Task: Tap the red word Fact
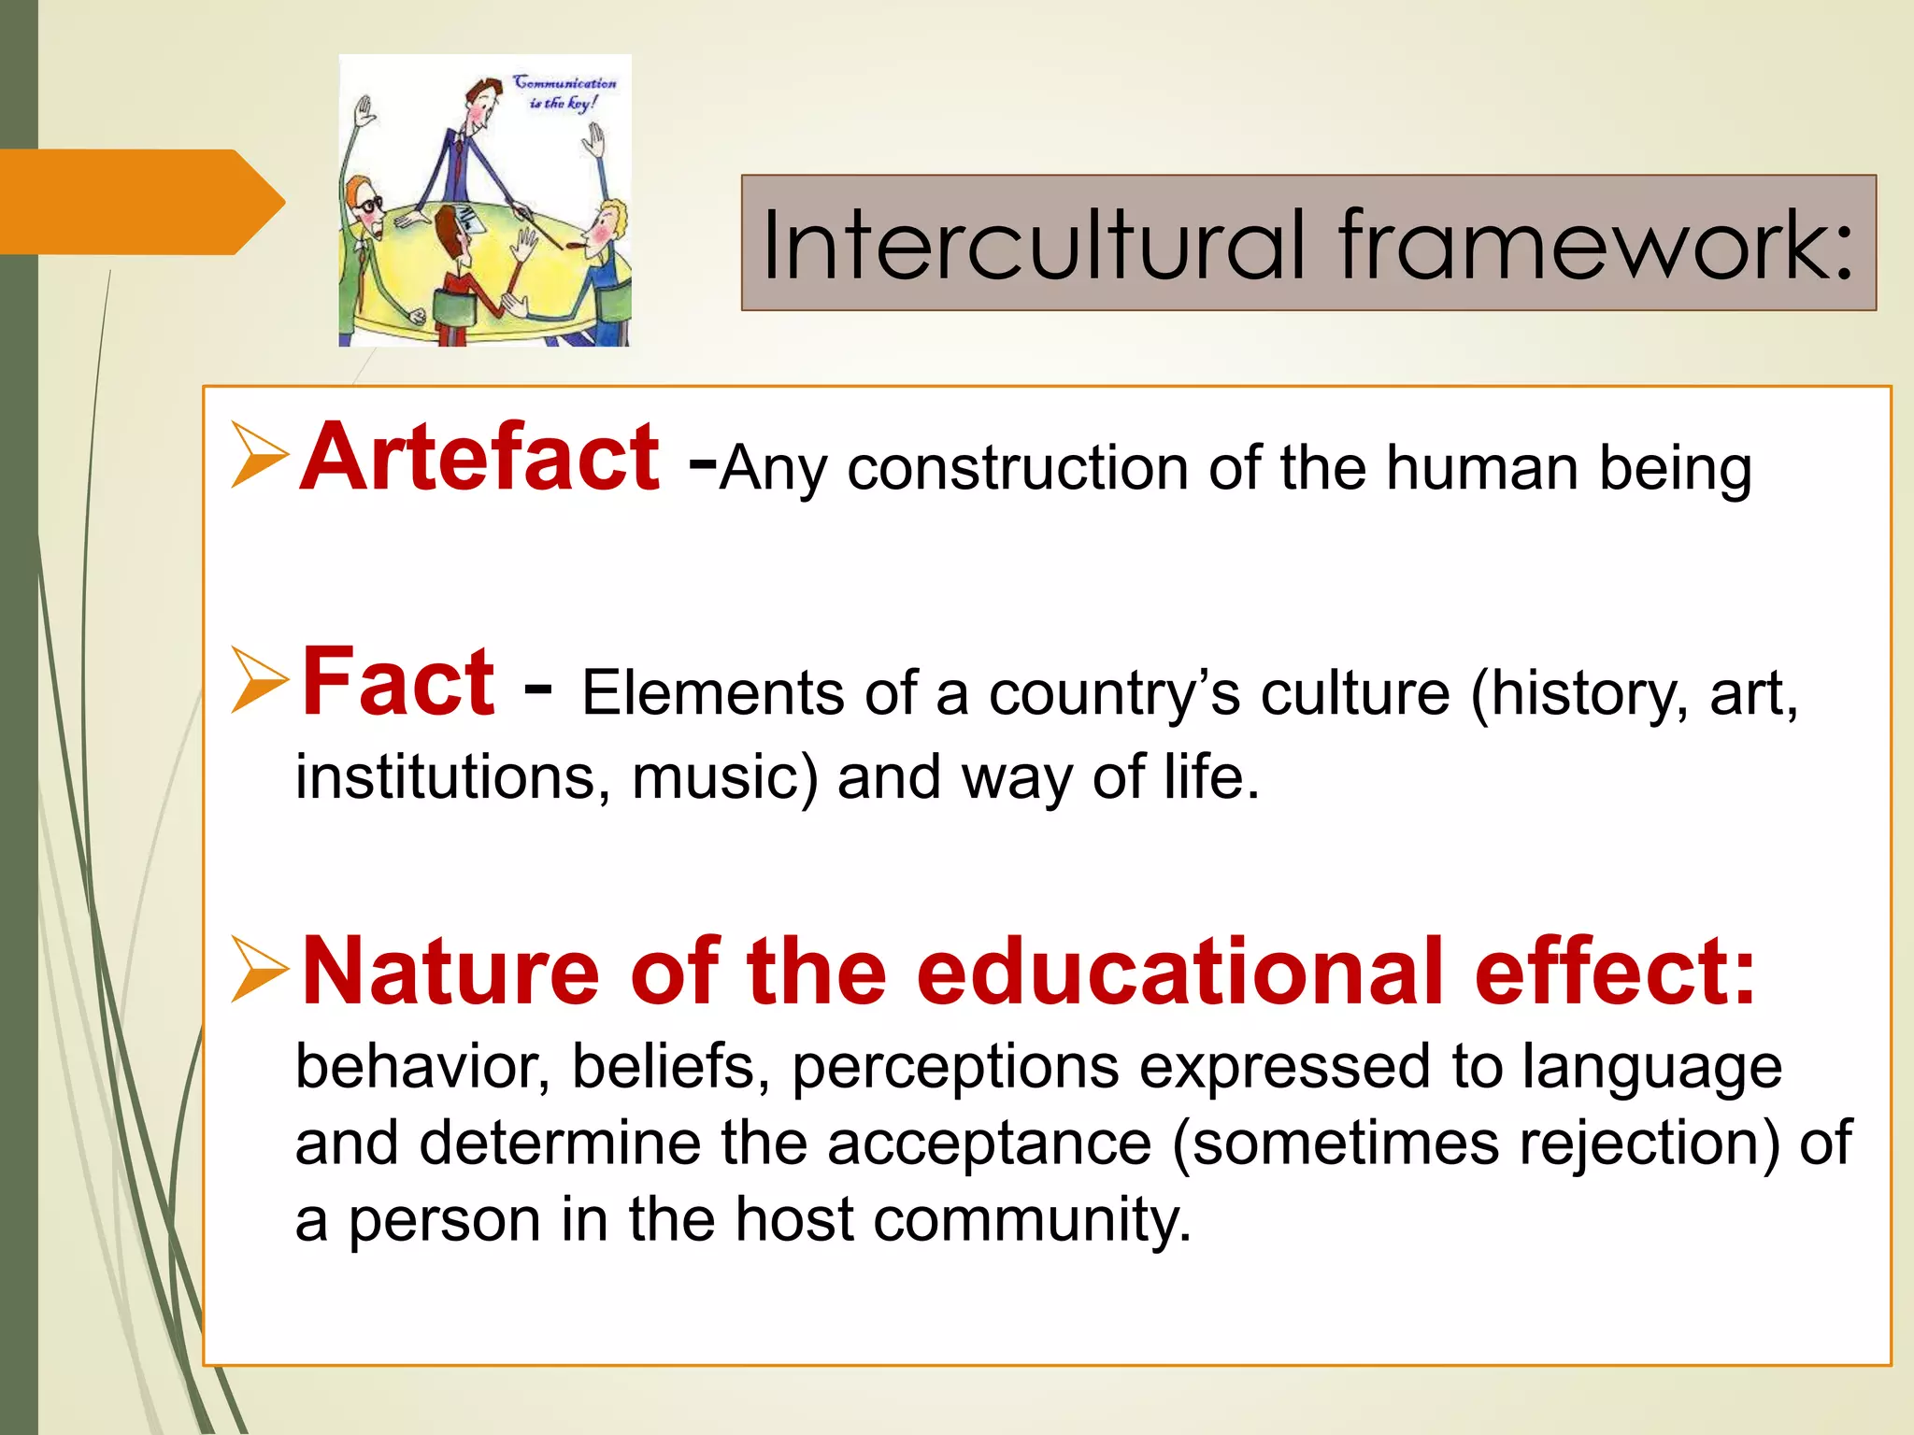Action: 397,683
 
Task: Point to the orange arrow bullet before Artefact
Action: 259,455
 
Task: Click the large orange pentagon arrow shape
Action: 140,202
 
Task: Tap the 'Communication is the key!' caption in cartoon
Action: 564,92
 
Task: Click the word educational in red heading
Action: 1178,973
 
